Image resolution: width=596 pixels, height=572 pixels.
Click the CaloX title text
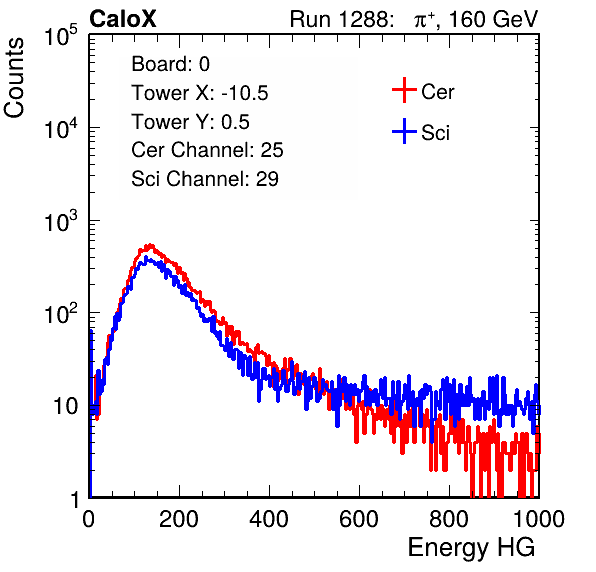coord(122,19)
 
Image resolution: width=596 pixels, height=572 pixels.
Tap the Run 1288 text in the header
coord(341,19)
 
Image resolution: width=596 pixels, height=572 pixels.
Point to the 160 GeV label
coord(493,19)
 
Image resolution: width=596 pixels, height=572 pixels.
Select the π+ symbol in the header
coord(425,20)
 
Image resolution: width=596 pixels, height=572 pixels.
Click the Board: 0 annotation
coord(170,64)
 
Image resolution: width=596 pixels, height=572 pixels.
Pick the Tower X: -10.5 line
coord(200,93)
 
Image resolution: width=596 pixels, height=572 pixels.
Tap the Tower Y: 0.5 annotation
coord(190,122)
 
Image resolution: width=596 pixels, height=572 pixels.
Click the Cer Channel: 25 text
coord(207,150)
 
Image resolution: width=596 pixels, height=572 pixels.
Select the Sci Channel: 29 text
coord(205,179)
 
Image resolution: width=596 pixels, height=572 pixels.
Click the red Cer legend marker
coord(404,90)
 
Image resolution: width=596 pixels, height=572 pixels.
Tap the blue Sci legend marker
coord(404,131)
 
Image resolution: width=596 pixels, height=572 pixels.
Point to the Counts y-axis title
coord(14,78)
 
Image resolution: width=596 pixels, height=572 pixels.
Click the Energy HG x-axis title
coord(471,548)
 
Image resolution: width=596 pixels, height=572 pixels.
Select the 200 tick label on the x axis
coord(179,519)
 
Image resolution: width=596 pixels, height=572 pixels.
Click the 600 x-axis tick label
coord(359,519)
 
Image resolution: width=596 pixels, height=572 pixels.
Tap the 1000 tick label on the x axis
coord(539,519)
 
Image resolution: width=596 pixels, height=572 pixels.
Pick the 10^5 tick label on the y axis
coord(61,36)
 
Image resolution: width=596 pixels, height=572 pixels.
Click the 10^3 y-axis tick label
coord(61,222)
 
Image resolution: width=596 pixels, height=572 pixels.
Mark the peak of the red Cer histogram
coord(151,245)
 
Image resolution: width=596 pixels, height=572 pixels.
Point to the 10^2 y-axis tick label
coord(61,314)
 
